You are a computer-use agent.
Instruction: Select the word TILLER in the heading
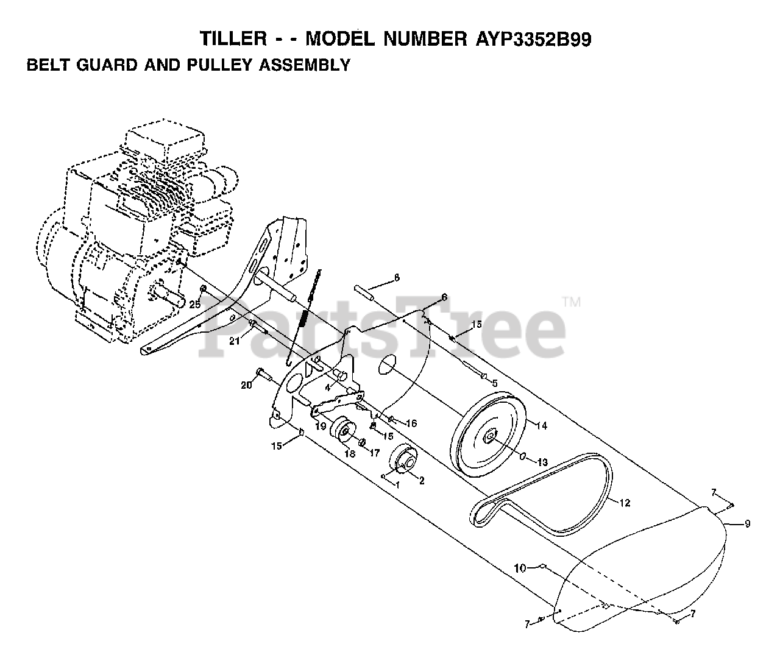tap(232, 40)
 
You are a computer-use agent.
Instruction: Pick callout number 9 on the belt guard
tap(747, 523)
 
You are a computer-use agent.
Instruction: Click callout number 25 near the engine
tap(194, 305)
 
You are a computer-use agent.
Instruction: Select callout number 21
tap(234, 341)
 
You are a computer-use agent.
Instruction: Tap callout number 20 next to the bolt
tap(246, 385)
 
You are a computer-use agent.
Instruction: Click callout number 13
tap(542, 462)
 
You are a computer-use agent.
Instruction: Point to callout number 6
tap(444, 297)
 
